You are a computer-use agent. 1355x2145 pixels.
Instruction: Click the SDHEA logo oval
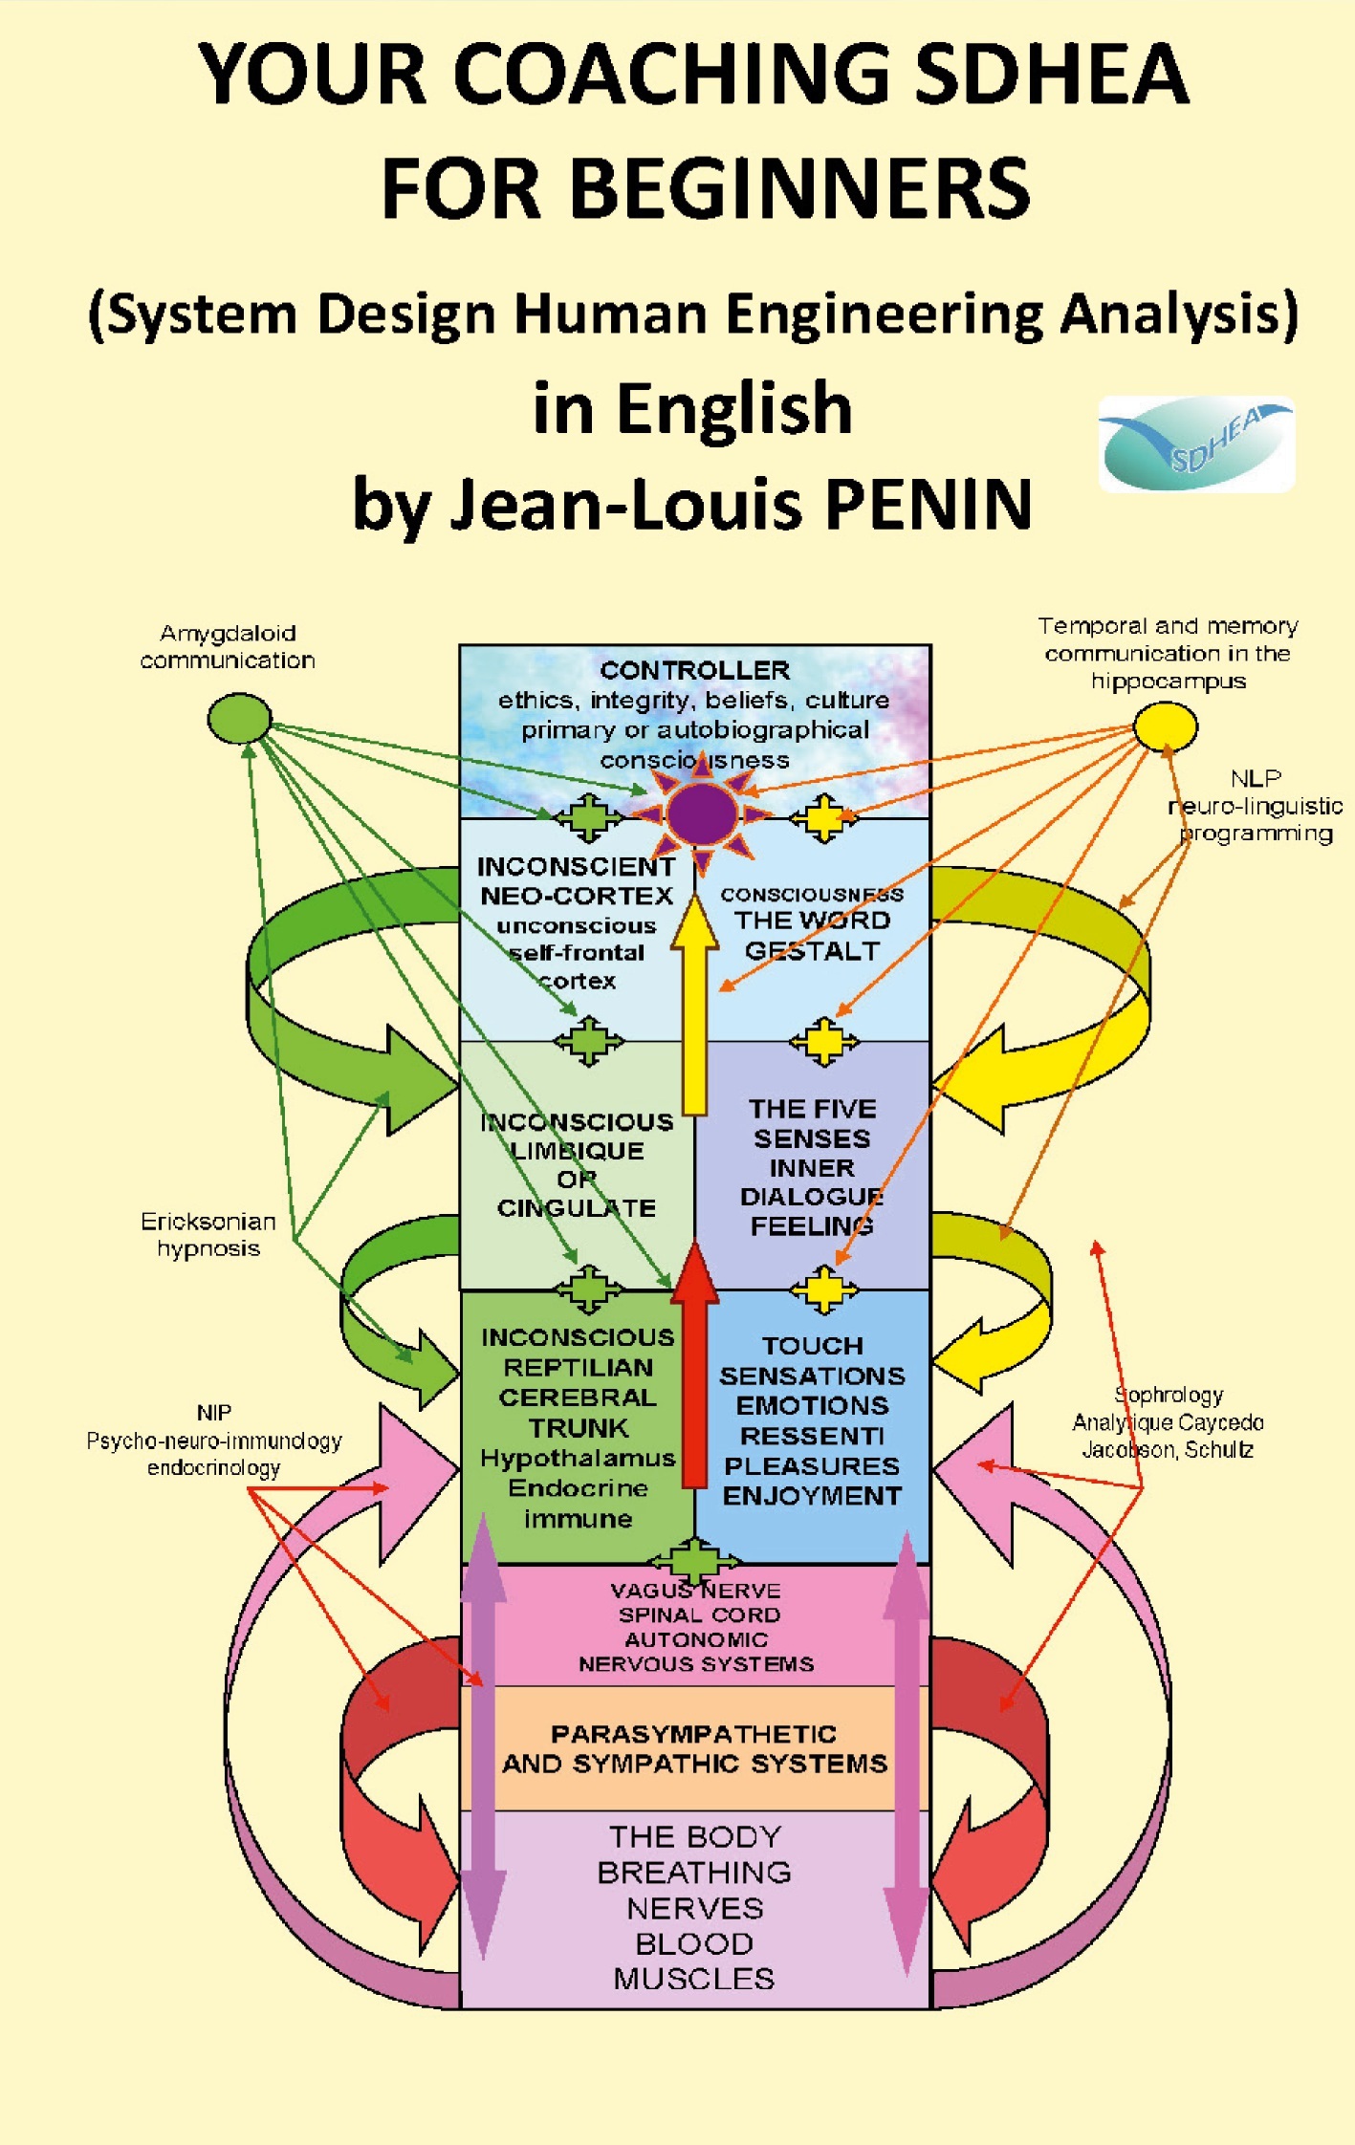[1196, 444]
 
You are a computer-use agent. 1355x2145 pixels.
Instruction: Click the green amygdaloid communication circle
[239, 718]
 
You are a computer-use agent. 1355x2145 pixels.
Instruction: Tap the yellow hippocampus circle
[1165, 726]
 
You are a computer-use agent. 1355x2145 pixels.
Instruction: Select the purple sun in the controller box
[702, 814]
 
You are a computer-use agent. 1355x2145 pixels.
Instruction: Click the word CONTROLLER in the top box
[694, 670]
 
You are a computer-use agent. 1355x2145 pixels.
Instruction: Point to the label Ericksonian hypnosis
[208, 1234]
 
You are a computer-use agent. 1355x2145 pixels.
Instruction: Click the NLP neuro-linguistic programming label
[1256, 806]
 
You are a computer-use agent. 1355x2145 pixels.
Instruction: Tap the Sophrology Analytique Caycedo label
[1168, 1422]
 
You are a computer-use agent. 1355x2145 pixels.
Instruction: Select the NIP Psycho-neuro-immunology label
[213, 1440]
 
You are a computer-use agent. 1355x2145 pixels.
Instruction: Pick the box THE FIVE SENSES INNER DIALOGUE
[812, 1166]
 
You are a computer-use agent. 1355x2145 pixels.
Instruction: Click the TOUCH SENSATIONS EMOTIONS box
[812, 1420]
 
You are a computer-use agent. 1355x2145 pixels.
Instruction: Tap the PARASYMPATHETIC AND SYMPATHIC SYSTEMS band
[694, 1748]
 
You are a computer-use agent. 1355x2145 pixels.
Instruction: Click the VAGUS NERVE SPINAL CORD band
[695, 1627]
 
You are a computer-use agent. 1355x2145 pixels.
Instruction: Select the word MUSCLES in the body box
[694, 1978]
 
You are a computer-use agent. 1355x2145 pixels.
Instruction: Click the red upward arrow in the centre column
[695, 1367]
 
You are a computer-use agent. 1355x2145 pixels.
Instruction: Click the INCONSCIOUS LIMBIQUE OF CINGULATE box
[577, 1164]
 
